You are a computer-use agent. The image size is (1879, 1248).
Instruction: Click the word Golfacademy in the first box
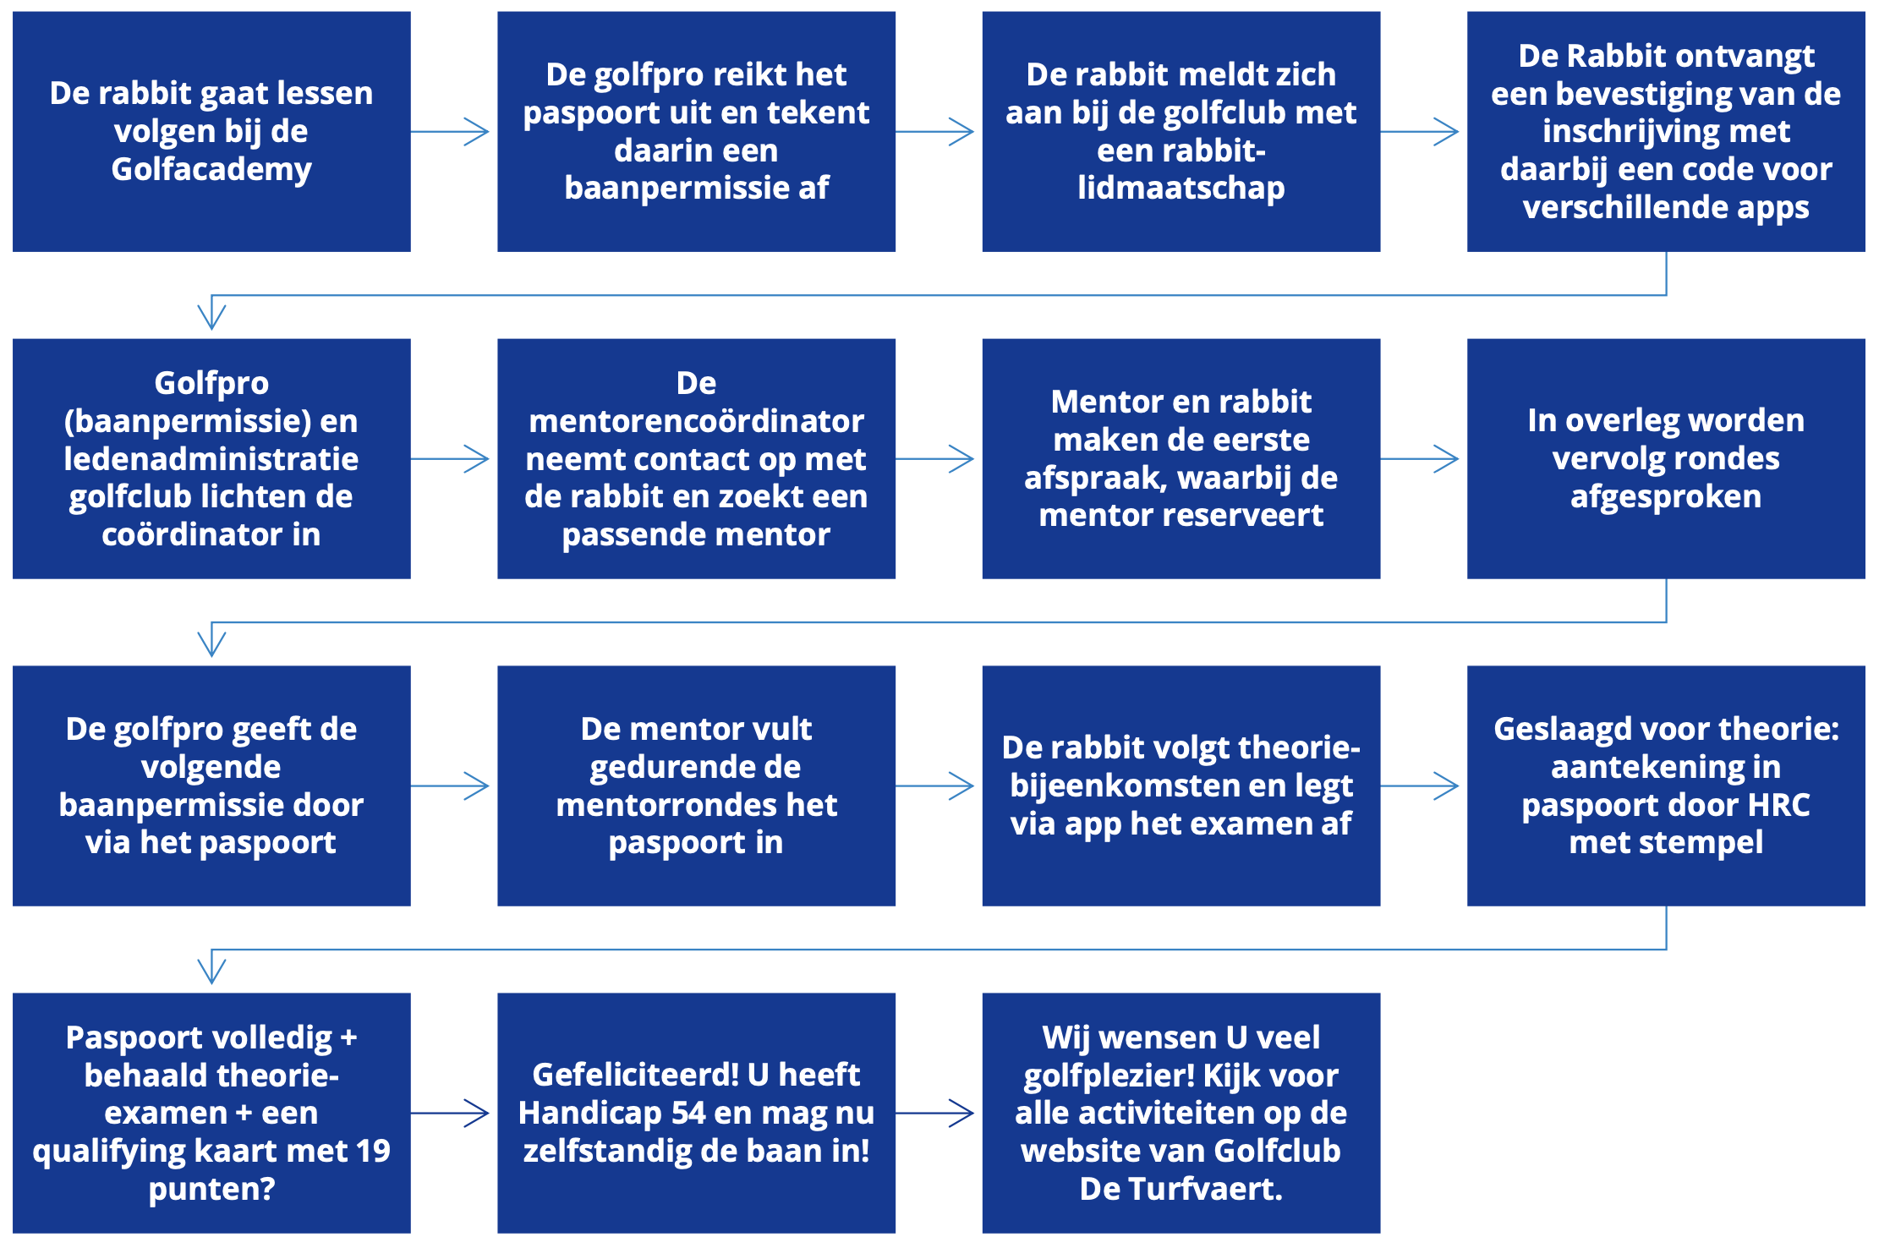[211, 170]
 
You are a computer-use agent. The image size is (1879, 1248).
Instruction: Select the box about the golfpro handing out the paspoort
[696, 131]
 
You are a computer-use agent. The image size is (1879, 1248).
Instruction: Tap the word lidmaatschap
[1181, 189]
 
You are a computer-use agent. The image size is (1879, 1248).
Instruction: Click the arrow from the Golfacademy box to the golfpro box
[450, 131]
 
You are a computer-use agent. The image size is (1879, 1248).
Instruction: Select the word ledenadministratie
[211, 458]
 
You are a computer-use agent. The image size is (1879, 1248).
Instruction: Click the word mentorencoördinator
[696, 420]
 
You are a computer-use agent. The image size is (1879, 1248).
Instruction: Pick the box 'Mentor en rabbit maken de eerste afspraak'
[1181, 458]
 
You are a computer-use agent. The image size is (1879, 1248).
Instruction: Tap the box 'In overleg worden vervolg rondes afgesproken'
[1666, 458]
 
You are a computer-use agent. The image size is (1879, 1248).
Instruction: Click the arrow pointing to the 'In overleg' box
[1420, 459]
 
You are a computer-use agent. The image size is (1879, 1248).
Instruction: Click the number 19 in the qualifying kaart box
[373, 1151]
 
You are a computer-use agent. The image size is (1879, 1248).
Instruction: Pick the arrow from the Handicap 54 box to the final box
[934, 1114]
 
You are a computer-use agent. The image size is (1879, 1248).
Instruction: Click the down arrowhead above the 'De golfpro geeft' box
[211, 643]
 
